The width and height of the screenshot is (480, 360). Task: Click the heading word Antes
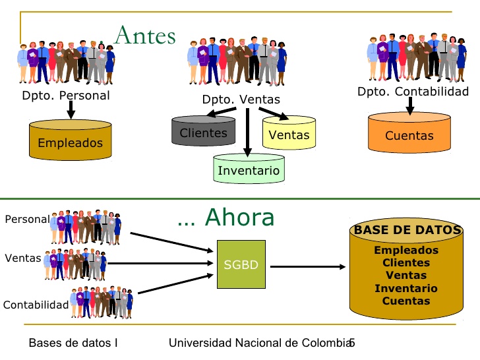coord(145,35)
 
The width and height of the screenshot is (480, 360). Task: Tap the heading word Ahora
coord(240,217)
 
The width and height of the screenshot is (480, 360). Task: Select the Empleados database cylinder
coord(71,140)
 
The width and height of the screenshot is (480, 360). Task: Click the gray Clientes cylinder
coord(203,131)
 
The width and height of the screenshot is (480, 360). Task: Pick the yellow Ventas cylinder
coord(289,133)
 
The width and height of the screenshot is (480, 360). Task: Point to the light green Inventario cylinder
coord(249,168)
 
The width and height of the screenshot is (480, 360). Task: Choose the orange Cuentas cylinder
coord(409,133)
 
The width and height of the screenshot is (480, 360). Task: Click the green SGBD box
coord(241,264)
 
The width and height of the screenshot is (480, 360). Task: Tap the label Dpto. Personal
coord(66,96)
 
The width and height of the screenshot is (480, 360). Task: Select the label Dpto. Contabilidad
coord(413,91)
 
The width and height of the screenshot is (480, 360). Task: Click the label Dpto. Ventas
coord(241,100)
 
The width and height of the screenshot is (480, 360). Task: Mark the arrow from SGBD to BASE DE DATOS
coord(308,266)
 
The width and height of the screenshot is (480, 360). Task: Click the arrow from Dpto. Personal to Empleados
coord(71,109)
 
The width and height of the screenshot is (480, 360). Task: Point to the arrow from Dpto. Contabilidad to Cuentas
coord(410,106)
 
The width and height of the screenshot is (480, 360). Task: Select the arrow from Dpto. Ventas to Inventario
coord(248,133)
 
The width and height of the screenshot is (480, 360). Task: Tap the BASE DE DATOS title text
coord(407,229)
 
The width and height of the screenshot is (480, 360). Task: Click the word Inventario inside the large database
coord(406,288)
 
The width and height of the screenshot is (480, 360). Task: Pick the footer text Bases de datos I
coord(73,343)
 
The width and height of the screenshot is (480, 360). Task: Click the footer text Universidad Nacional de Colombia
coord(260,343)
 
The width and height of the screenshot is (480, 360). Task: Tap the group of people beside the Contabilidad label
coord(102,303)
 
